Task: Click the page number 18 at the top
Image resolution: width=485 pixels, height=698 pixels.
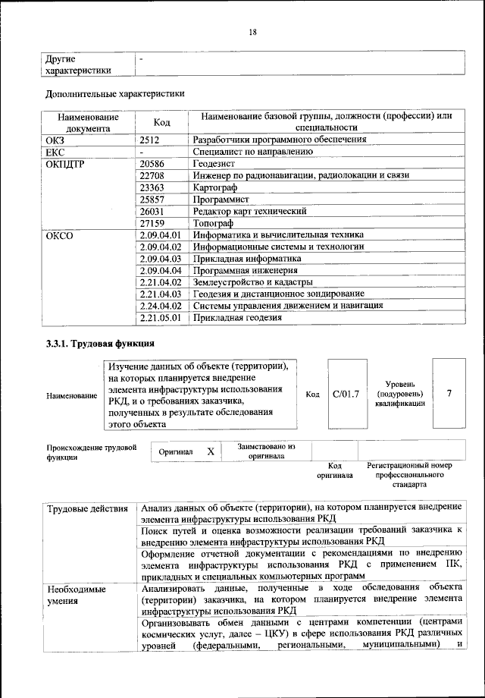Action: tap(253, 31)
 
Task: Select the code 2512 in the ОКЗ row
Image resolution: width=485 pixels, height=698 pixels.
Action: tap(152, 140)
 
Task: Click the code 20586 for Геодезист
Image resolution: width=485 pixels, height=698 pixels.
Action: tap(155, 163)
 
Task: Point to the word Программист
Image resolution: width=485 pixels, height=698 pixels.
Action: tap(221, 199)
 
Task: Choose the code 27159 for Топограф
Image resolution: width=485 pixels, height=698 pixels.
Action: tap(155, 223)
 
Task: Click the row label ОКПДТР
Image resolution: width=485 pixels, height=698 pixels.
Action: tap(67, 163)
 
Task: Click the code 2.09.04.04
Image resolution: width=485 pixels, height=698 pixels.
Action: tap(161, 270)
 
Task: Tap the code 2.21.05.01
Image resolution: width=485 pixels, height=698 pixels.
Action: tap(161, 318)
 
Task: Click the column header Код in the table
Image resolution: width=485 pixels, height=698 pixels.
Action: tap(161, 122)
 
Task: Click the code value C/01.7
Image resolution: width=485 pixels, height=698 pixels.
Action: tap(345, 394)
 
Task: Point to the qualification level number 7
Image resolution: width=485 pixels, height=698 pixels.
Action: tap(450, 394)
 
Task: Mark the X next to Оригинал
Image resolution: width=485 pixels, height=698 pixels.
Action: tap(211, 451)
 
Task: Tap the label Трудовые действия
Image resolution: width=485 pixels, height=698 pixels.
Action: tap(87, 508)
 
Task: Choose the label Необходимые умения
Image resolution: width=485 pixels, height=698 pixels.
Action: tap(77, 595)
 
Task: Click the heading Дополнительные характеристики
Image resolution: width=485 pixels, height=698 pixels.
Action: tap(115, 94)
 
